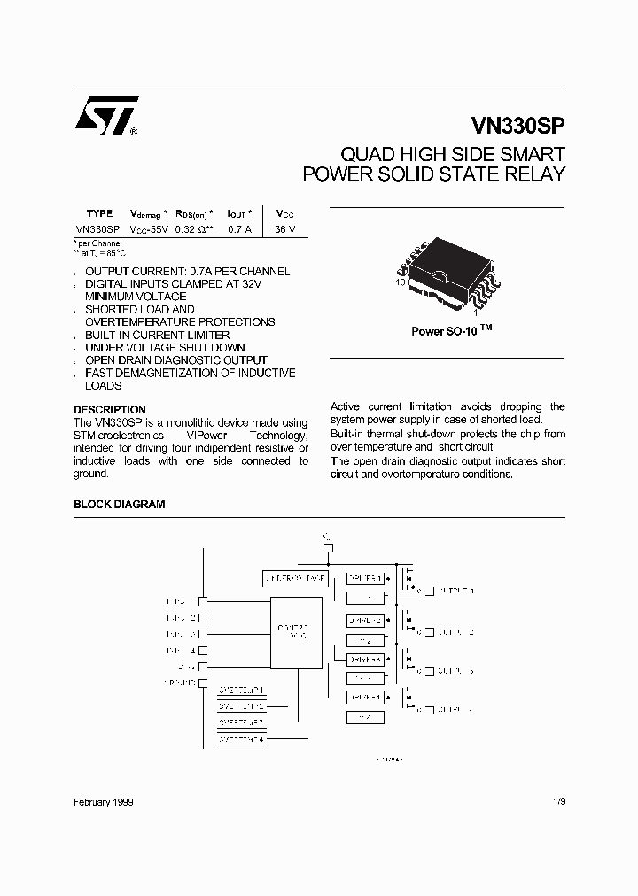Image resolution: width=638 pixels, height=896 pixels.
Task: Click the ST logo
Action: coord(105,114)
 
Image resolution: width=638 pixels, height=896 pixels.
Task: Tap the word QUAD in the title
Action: coord(362,154)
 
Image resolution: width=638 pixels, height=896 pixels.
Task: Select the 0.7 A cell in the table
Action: coord(239,229)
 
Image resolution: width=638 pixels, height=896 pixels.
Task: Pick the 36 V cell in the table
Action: coord(284,229)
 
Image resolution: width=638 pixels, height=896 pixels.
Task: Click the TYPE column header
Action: coord(99,213)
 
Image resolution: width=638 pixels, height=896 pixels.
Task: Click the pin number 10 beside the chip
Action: coord(401,282)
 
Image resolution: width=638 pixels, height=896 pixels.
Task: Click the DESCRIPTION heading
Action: coord(109,410)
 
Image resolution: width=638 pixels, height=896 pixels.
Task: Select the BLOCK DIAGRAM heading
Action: coord(119,504)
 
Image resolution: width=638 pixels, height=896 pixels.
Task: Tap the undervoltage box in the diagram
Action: coord(294,578)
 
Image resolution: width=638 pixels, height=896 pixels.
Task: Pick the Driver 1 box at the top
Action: coord(365,578)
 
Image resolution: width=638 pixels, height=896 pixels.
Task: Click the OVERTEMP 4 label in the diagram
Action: coord(241,738)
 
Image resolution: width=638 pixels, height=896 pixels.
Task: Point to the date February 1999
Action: coord(104,801)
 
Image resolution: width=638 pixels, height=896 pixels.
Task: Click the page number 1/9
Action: coord(557,801)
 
